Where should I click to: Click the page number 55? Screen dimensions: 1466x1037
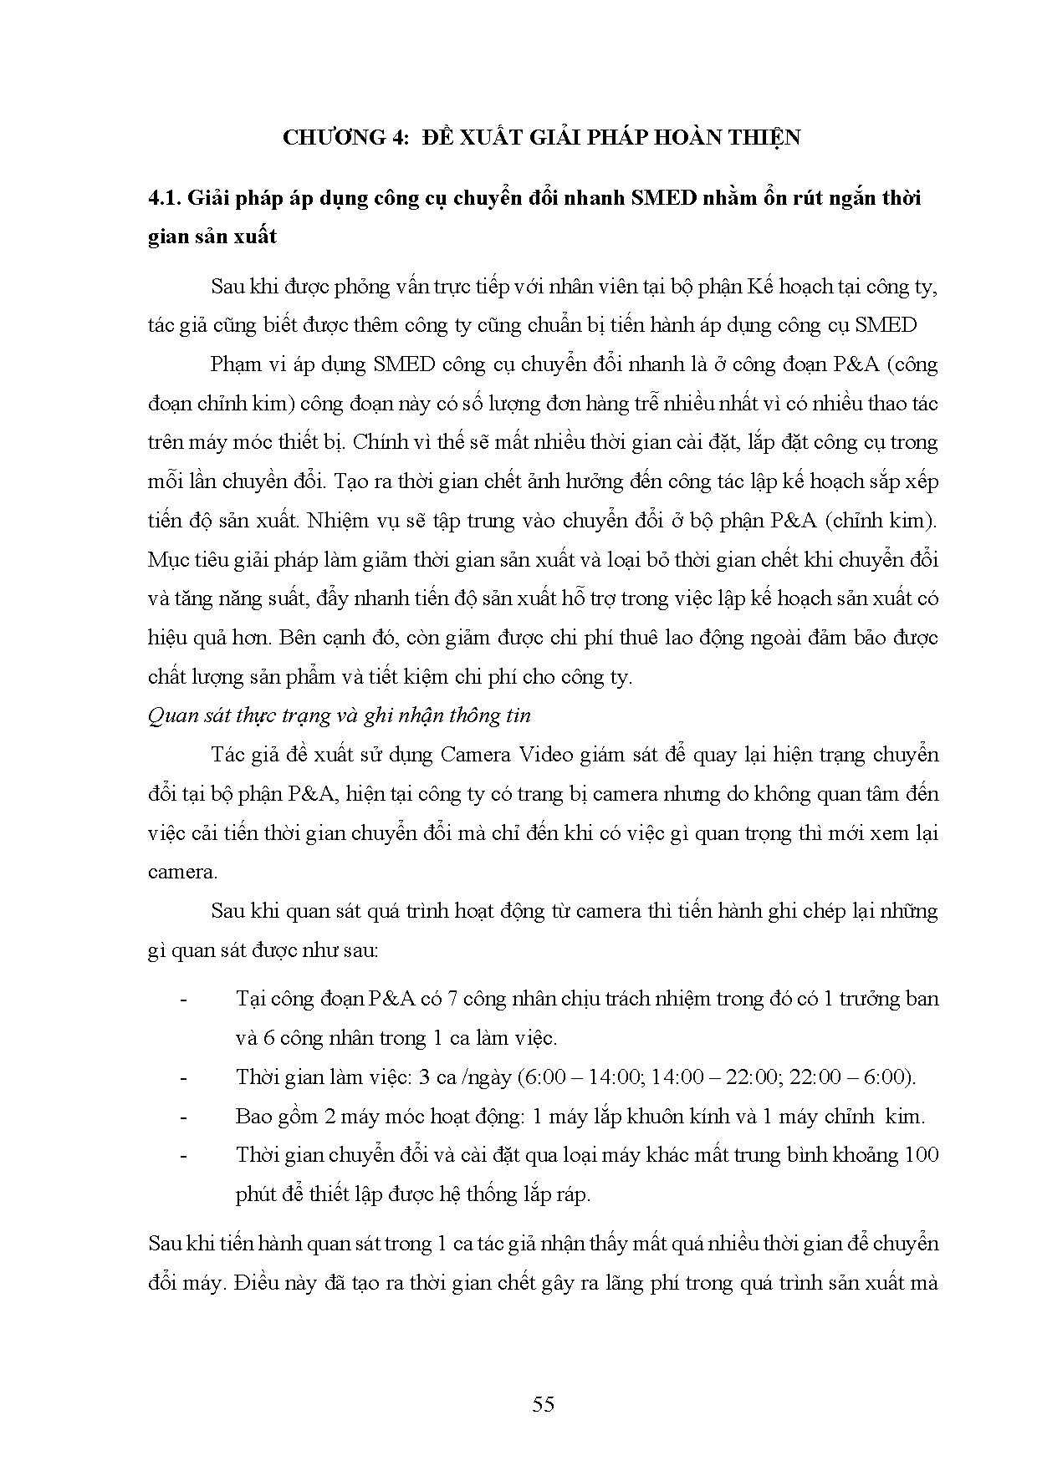point(543,1404)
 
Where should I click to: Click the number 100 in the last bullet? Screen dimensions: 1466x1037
point(922,1155)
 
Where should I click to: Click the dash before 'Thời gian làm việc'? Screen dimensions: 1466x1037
point(184,1077)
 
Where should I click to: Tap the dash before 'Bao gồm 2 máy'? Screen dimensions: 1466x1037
point(184,1117)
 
